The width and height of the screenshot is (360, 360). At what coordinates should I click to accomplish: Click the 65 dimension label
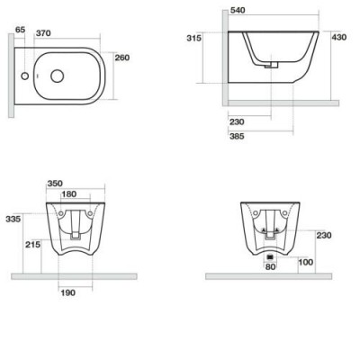point(20,30)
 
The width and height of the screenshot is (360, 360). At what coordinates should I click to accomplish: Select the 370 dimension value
point(43,33)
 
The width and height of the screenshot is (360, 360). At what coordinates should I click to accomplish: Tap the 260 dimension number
point(122,58)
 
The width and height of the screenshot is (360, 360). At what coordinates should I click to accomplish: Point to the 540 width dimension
point(238,10)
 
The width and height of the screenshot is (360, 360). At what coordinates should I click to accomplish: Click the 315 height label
point(194,38)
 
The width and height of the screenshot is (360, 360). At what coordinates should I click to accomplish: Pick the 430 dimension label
point(339,37)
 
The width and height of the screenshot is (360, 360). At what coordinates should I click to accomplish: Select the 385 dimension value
point(237,136)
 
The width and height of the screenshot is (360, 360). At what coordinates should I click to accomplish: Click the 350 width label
point(55,184)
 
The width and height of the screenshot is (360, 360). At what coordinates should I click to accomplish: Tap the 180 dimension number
point(68,194)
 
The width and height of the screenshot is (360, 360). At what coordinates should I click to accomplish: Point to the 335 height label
point(13,219)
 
